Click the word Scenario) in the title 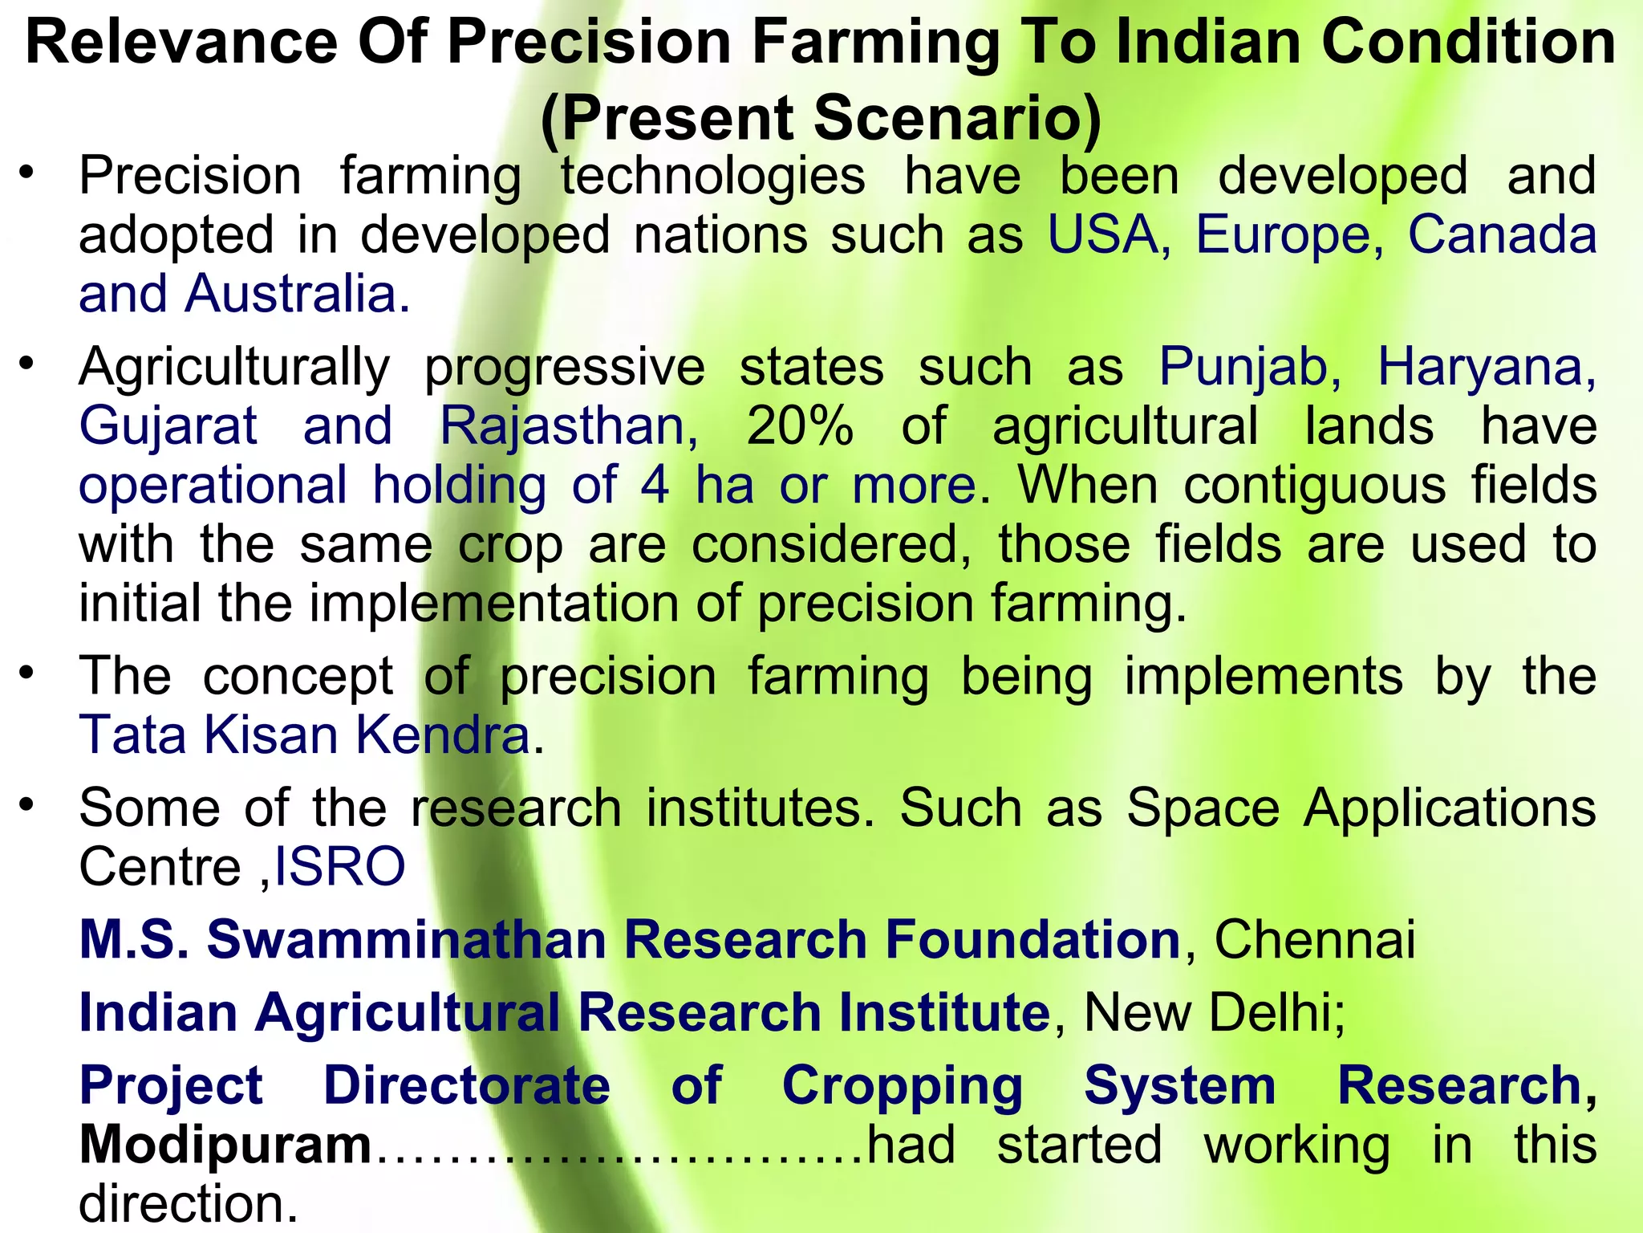point(958,118)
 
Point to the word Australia point(297,294)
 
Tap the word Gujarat point(168,426)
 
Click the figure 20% point(799,426)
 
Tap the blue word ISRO point(340,867)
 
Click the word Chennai point(1315,939)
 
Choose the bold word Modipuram point(225,1145)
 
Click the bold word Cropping point(902,1085)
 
